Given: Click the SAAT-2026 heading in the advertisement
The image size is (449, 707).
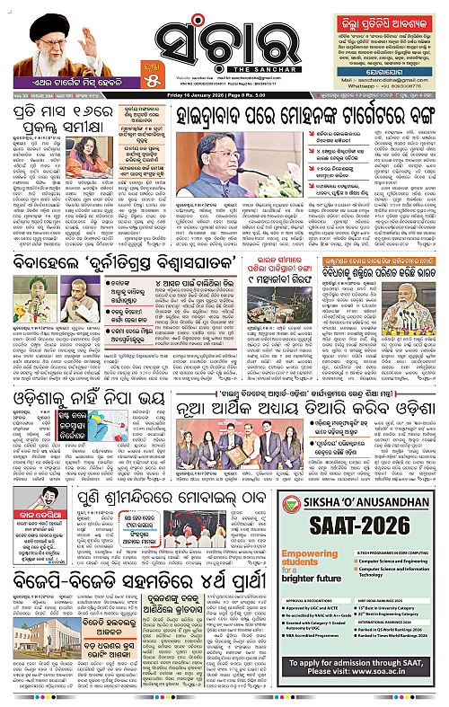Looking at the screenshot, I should click(360, 526).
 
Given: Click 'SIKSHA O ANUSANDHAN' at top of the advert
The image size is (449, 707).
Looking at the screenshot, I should click(359, 501).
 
